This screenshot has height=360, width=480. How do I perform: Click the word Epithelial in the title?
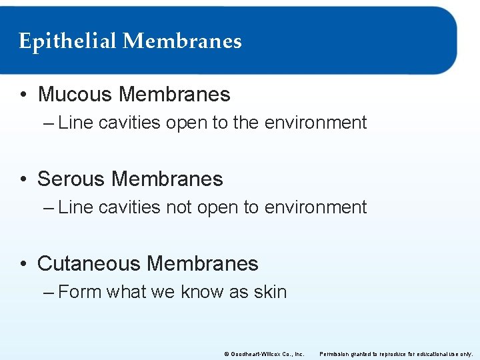[67, 42]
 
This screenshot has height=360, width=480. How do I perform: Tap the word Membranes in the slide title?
[182, 41]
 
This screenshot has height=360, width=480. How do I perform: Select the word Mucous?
[75, 95]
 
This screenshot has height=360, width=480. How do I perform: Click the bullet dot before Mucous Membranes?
[23, 95]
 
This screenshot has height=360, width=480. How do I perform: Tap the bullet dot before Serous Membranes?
[23, 180]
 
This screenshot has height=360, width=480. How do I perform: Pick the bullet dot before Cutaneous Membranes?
[23, 265]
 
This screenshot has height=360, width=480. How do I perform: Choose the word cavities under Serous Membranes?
[128, 207]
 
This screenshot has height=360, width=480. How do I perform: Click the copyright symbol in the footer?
[226, 353]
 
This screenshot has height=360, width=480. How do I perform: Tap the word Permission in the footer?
[336, 353]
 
